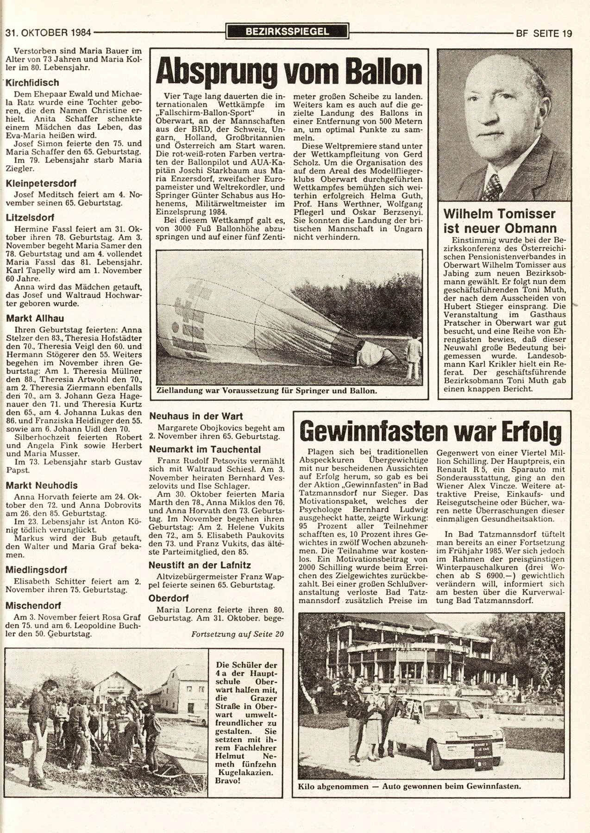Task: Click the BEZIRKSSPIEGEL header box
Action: [x=287, y=32]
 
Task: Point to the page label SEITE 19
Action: [x=552, y=33]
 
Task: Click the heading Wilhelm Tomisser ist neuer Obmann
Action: [x=499, y=221]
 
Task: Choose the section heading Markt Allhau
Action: [x=35, y=318]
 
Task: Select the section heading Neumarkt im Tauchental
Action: [x=205, y=449]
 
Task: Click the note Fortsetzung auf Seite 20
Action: [x=237, y=634]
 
